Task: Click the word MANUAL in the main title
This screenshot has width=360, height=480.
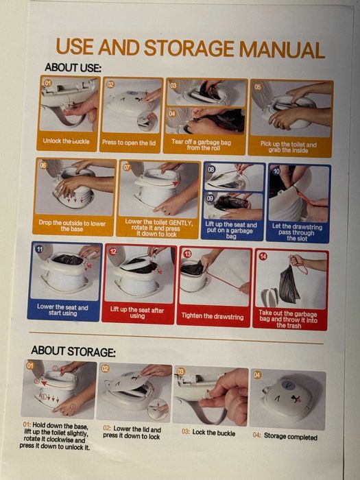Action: tap(282, 49)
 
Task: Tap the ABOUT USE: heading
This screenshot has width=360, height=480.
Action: tap(73, 67)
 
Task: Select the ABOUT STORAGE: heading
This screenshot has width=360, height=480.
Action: tap(73, 351)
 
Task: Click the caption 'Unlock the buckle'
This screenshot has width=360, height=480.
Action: tap(66, 141)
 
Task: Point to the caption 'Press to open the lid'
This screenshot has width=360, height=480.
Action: tap(129, 143)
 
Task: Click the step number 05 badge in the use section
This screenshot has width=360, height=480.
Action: tap(258, 87)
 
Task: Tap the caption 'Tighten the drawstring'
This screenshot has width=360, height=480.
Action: tap(213, 316)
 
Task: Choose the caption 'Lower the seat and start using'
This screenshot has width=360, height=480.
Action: tap(62, 310)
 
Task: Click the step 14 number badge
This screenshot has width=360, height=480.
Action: tap(263, 256)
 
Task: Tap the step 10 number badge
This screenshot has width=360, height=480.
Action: tap(276, 171)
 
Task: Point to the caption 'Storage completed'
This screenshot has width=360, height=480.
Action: tap(291, 437)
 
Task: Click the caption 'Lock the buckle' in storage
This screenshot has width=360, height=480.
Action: tap(214, 433)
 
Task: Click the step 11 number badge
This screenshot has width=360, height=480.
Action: tap(40, 249)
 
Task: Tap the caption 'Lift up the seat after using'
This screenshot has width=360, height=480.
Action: tap(137, 313)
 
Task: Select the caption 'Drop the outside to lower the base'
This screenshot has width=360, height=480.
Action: tap(72, 226)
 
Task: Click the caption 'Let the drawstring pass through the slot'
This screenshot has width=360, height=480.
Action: tap(297, 232)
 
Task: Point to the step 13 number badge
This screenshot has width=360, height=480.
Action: tap(187, 254)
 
